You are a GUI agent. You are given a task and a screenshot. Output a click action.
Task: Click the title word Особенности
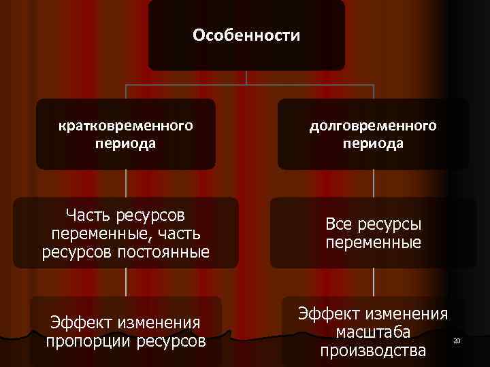coord(246,35)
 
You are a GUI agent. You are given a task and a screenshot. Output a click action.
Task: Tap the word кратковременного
coord(125,126)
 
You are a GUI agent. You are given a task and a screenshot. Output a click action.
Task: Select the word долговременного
coord(373,126)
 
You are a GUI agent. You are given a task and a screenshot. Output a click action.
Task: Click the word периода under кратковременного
coord(125,143)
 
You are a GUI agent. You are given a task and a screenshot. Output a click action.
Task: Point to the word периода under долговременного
coord(373,143)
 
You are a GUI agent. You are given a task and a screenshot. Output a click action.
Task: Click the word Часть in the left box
coord(88,215)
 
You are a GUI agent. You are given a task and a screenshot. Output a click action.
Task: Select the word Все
coord(339,224)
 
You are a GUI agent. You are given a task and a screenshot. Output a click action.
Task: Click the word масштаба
coord(373,332)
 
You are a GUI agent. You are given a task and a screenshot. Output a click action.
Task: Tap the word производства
coord(373,351)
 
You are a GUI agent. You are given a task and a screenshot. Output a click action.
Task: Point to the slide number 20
coord(457,340)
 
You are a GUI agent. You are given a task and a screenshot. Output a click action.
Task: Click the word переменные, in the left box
coord(101,234)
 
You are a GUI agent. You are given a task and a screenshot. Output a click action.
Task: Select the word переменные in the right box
coord(373,242)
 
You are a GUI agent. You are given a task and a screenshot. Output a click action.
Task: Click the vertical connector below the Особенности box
coord(246,77)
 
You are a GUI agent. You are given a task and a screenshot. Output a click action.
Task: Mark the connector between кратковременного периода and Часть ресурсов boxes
coord(126,183)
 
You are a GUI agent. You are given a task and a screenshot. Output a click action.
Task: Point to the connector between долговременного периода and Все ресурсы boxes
coord(374,183)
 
